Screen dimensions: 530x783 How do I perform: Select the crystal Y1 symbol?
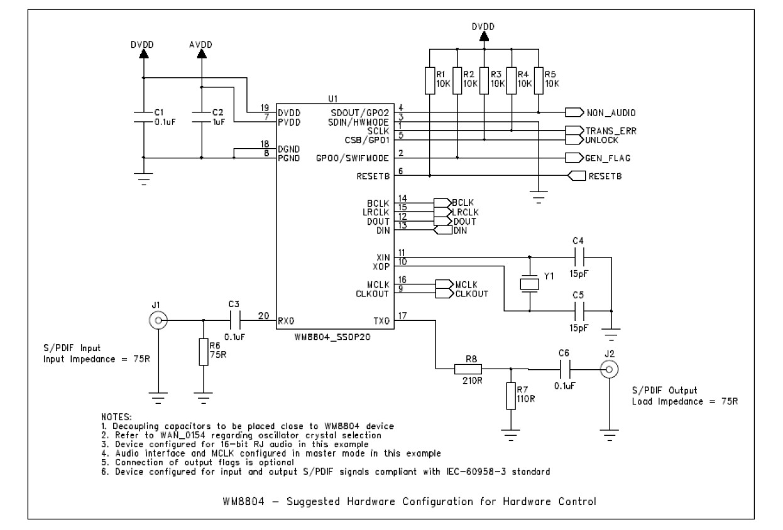pyautogui.click(x=530, y=283)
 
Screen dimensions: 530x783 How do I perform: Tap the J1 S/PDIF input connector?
pyautogui.click(x=157, y=322)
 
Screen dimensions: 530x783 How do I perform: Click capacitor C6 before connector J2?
pyautogui.click(x=566, y=369)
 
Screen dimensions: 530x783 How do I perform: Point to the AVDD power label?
pyautogui.click(x=201, y=45)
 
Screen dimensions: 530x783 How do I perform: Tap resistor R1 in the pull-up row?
pyautogui.click(x=430, y=80)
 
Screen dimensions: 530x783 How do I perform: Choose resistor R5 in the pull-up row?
pyautogui.click(x=539, y=80)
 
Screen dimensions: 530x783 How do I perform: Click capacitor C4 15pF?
pyautogui.click(x=579, y=256)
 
